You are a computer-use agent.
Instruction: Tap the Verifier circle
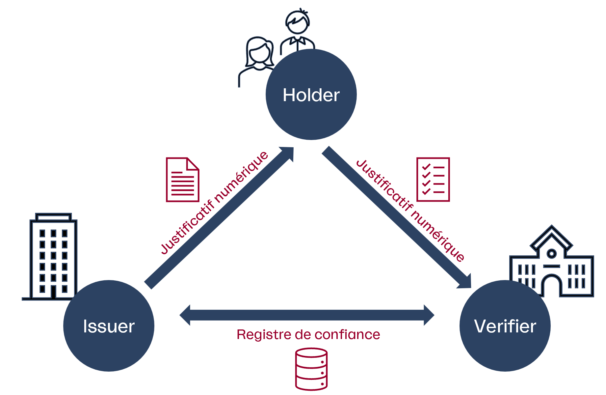tap(505, 346)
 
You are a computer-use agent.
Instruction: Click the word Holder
tap(311, 95)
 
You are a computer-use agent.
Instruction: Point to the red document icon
tap(182, 180)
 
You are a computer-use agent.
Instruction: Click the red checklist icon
tap(433, 180)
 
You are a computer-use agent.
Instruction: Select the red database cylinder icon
tap(311, 369)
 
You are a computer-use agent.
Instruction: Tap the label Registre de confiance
tap(308, 335)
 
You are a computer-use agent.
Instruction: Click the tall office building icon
tap(53, 257)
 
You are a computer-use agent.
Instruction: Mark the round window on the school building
tap(552, 254)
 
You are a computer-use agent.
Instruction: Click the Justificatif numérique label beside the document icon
tap(214, 203)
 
